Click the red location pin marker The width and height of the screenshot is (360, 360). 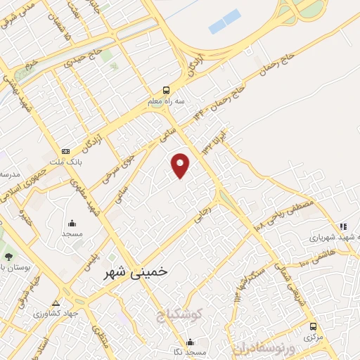click(x=181, y=165)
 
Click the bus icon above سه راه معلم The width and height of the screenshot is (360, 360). click(x=166, y=90)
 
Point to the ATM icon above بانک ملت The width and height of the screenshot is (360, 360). click(x=66, y=150)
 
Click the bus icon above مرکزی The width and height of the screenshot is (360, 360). click(x=314, y=326)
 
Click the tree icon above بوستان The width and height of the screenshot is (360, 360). click(x=8, y=257)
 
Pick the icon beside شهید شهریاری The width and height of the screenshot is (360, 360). click(x=342, y=226)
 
